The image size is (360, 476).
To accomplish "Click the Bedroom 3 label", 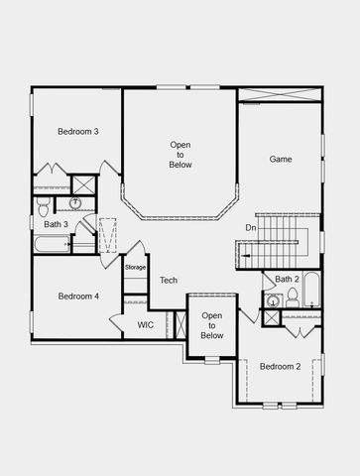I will pyautogui.click(x=77, y=131).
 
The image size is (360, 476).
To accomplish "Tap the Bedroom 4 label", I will pyautogui.click(x=77, y=296).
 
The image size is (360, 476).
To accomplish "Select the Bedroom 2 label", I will pyautogui.click(x=280, y=367).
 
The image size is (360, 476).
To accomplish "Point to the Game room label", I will pyautogui.click(x=281, y=159).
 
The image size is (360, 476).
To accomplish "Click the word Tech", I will pyautogui.click(x=169, y=281).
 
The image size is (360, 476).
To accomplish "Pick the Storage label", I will pyautogui.click(x=135, y=268).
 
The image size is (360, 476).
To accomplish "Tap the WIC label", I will pyautogui.click(x=146, y=324).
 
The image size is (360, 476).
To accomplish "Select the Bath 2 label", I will pyautogui.click(x=287, y=280).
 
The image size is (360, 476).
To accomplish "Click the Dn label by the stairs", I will pyautogui.click(x=251, y=228).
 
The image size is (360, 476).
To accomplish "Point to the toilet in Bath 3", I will pyautogui.click(x=44, y=205).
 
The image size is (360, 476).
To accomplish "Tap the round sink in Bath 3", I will pyautogui.click(x=75, y=203).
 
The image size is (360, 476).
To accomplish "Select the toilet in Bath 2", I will pyautogui.click(x=274, y=301).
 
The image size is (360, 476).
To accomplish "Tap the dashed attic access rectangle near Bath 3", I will pyautogui.click(x=108, y=236).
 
